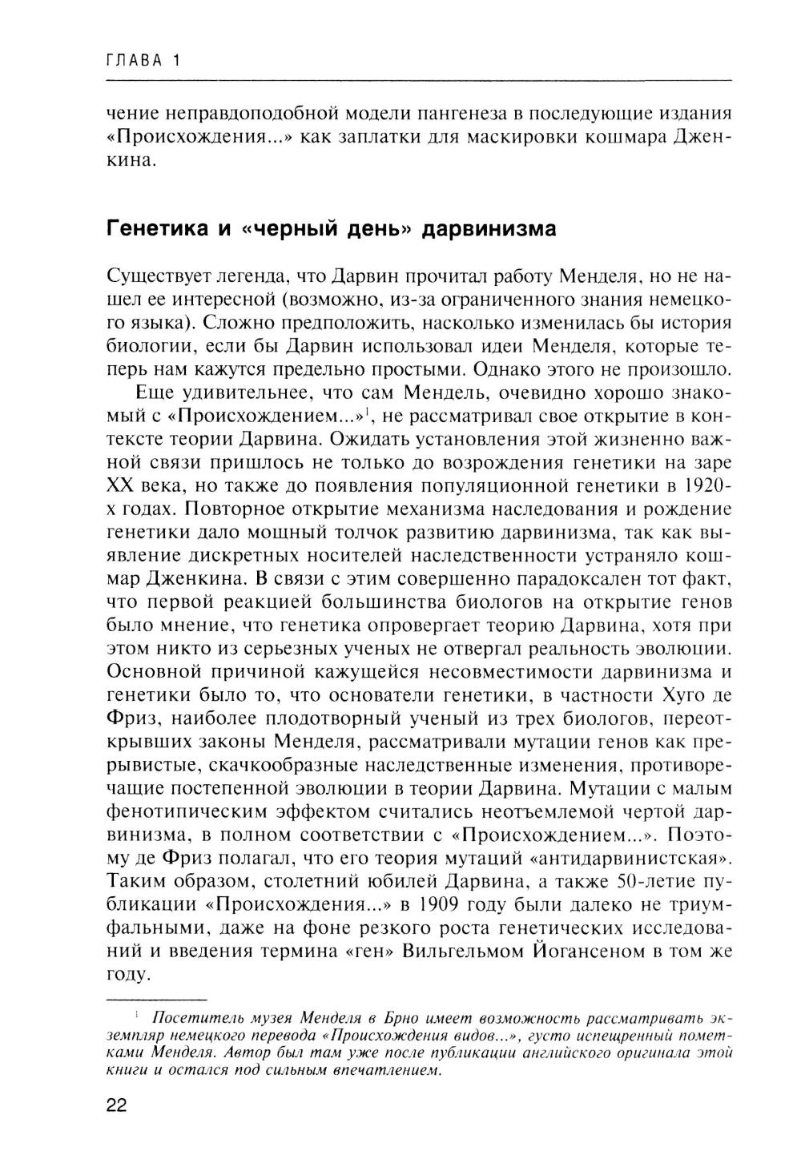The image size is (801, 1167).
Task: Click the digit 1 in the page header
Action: click(x=175, y=61)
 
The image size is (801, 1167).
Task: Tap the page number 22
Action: click(x=117, y=1105)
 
